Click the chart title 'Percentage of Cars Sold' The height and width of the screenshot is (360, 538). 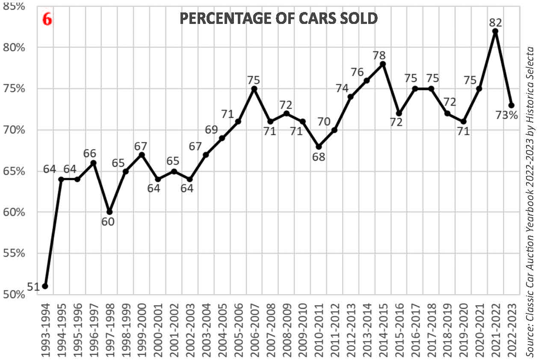pos(278,18)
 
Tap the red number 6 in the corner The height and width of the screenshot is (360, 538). pos(47,19)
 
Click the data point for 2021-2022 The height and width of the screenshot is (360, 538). pos(495,31)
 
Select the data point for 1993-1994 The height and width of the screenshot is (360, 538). pos(45,286)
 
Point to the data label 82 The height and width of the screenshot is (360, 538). pos(495,22)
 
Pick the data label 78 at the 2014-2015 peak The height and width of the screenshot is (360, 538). pos(379,55)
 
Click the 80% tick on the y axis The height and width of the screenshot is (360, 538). pos(14,47)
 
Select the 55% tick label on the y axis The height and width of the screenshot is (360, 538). pos(14,254)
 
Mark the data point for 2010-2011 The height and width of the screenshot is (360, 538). pos(319,147)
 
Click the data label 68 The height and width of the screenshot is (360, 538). pos(319,157)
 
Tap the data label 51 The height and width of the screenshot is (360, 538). pos(34,286)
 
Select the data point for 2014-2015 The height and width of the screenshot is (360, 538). pos(383,64)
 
